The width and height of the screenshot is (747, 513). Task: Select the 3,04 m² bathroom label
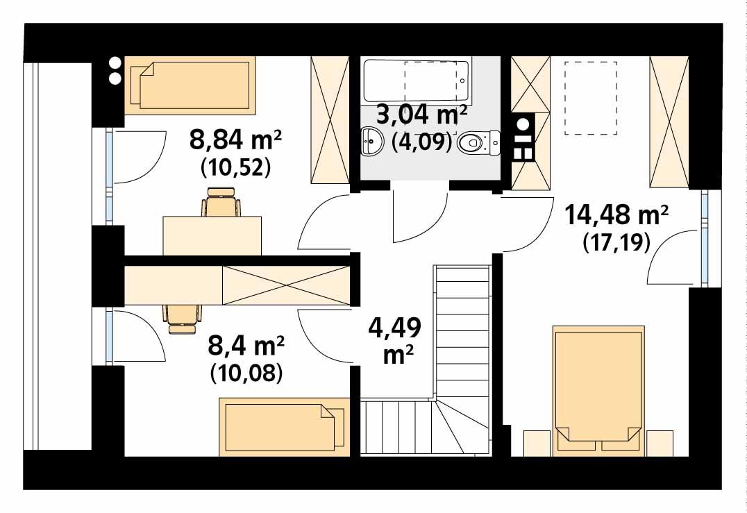click(421, 112)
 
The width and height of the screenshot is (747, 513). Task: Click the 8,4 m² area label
click(246, 345)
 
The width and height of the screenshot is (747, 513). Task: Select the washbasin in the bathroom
click(373, 142)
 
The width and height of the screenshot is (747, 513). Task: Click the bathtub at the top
click(417, 80)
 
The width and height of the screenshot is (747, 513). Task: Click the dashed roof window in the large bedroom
click(591, 98)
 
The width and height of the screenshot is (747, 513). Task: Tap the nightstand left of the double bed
click(536, 443)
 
